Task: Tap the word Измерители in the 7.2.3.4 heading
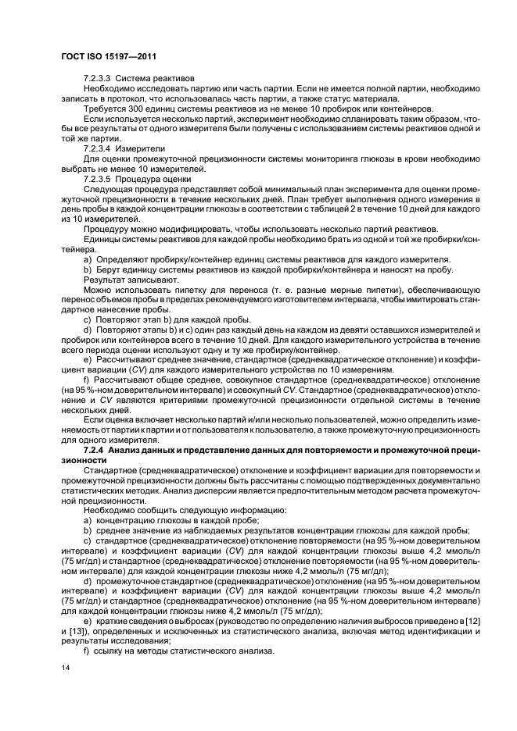click(140, 148)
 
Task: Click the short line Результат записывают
click(131, 279)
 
